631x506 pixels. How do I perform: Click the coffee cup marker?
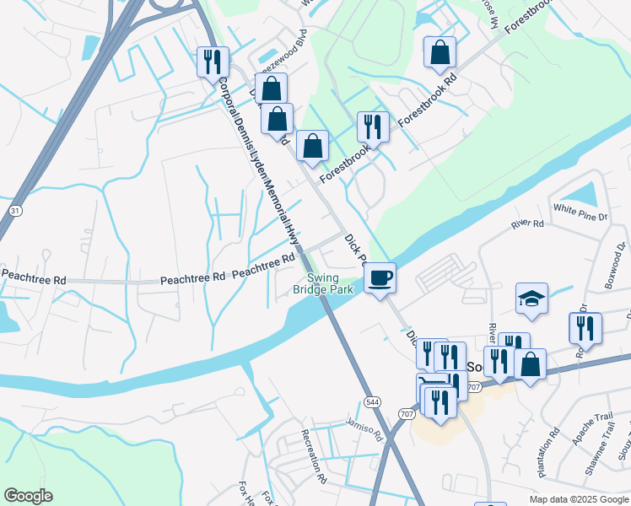pyautogui.click(x=380, y=277)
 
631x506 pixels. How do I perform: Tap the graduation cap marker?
pyautogui.click(x=532, y=299)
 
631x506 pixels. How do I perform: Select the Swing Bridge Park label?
pyautogui.click(x=322, y=283)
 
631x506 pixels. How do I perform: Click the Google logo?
pyautogui.click(x=28, y=496)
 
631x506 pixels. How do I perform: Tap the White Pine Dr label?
pyautogui.click(x=580, y=212)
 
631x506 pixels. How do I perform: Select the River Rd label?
pyautogui.click(x=527, y=224)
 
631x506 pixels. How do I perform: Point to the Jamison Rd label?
pyautogui.click(x=364, y=429)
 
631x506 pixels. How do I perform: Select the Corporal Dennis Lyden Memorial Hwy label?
pyautogui.click(x=257, y=164)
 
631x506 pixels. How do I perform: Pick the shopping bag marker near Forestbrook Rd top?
pyautogui.click(x=440, y=52)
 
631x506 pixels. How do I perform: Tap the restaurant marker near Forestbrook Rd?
pyautogui.click(x=373, y=126)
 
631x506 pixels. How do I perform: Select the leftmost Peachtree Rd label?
pyautogui.click(x=34, y=278)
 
